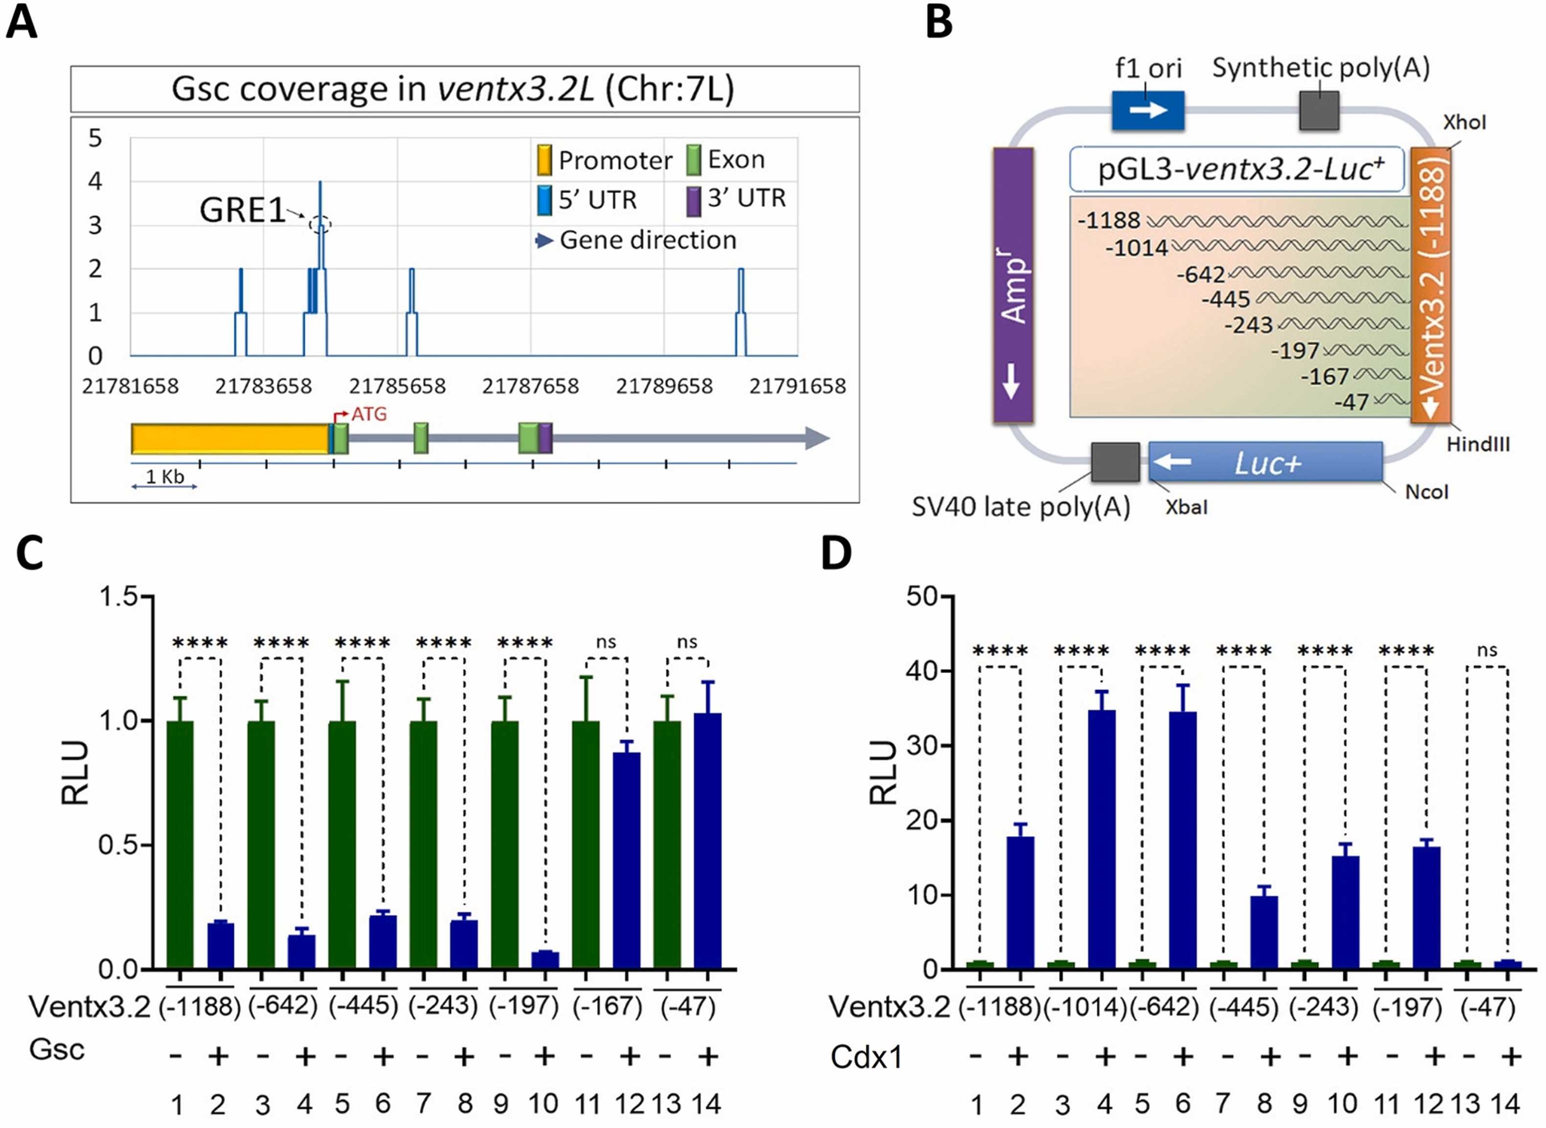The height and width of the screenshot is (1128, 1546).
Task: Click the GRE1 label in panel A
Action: click(x=242, y=210)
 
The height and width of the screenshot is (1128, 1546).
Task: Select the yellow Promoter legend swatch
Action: click(x=544, y=160)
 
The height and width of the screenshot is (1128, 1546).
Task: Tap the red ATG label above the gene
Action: click(x=369, y=414)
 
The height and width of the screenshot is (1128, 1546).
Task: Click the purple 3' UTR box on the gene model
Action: click(x=545, y=438)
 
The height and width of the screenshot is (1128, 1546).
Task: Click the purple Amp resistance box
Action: click(x=1013, y=285)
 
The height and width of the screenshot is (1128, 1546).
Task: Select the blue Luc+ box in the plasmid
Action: click(x=1265, y=462)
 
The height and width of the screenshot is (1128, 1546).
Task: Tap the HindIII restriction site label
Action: click(x=1478, y=445)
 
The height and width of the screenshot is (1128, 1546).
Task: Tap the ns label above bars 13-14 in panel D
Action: click(x=1487, y=650)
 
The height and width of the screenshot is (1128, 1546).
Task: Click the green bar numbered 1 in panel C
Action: click(x=180, y=845)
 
